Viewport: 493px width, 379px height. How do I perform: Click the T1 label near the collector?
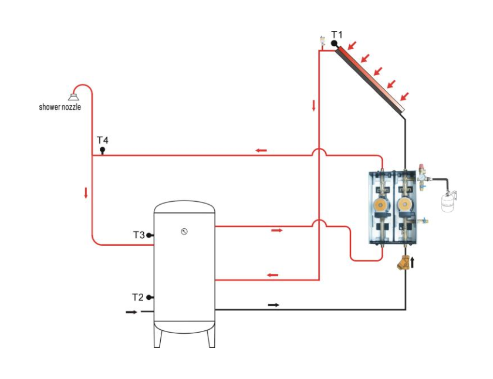click(x=336, y=35)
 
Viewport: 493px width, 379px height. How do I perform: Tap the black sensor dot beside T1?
click(x=334, y=43)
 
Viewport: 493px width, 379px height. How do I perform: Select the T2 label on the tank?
click(x=137, y=297)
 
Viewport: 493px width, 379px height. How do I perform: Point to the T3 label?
click(x=139, y=235)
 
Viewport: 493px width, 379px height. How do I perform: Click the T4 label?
click(x=103, y=140)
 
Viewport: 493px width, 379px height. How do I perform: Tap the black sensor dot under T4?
click(x=102, y=150)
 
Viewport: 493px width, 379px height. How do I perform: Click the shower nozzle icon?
click(x=73, y=97)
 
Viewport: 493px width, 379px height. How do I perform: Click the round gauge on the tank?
click(x=184, y=231)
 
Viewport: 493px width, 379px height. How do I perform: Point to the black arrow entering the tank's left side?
click(x=131, y=312)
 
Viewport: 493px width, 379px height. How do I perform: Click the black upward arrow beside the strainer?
click(x=413, y=262)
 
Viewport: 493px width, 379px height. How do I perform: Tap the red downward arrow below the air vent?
click(x=314, y=106)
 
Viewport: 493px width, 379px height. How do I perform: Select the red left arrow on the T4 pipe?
click(x=261, y=151)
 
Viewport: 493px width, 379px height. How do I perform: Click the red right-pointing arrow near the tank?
click(x=276, y=231)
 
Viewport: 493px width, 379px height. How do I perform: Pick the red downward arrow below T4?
click(x=86, y=192)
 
